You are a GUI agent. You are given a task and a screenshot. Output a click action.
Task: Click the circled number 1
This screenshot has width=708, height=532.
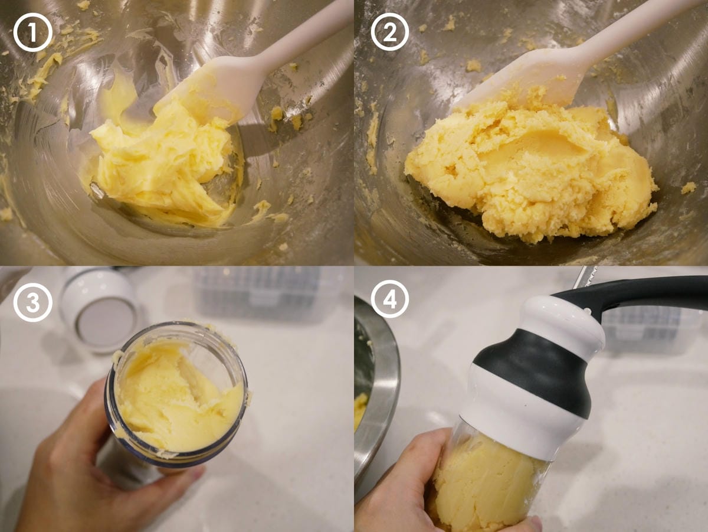(x=32, y=32)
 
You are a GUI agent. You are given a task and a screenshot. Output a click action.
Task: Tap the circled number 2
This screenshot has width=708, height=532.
(x=389, y=32)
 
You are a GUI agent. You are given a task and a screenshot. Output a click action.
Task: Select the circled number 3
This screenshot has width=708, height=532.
(x=32, y=302)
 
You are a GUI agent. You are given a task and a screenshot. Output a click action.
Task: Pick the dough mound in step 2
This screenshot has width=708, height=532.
(x=529, y=171)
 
